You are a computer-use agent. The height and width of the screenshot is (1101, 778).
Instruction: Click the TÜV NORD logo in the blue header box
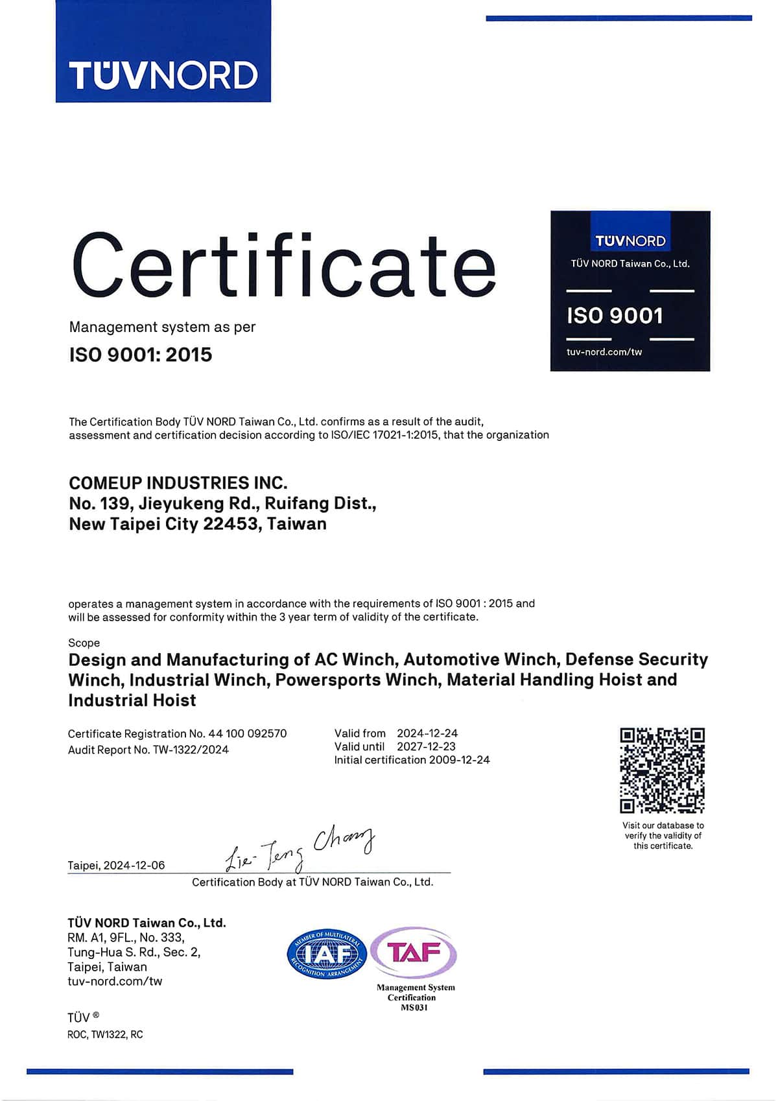[x=163, y=75]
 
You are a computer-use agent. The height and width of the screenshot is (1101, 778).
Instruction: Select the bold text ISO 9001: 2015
[x=141, y=355]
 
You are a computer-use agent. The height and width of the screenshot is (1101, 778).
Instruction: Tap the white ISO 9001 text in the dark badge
[x=615, y=316]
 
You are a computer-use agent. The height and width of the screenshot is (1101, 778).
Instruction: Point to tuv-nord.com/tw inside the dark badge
[x=604, y=352]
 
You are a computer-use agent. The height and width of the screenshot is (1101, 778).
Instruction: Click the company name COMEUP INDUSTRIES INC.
[x=178, y=483]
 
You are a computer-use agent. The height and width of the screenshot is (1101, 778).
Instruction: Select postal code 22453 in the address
[x=230, y=524]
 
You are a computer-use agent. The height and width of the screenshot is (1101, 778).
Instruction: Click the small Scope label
[x=84, y=643]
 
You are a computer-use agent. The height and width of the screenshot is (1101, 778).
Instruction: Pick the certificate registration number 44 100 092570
[x=247, y=733]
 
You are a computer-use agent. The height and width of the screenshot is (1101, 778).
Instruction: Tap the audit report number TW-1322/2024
[x=191, y=750]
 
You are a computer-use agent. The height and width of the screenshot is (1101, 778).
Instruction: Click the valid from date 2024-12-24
[x=427, y=733]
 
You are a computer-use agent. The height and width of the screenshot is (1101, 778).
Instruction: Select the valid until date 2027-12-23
[x=426, y=746]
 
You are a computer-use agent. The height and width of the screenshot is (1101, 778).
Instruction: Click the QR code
[x=662, y=770]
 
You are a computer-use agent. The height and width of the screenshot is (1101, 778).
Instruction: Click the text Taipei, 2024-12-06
[x=116, y=866]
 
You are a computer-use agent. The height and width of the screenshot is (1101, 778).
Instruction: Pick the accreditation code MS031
[x=414, y=1008]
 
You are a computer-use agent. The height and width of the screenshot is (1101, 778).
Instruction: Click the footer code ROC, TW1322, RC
[x=105, y=1035]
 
